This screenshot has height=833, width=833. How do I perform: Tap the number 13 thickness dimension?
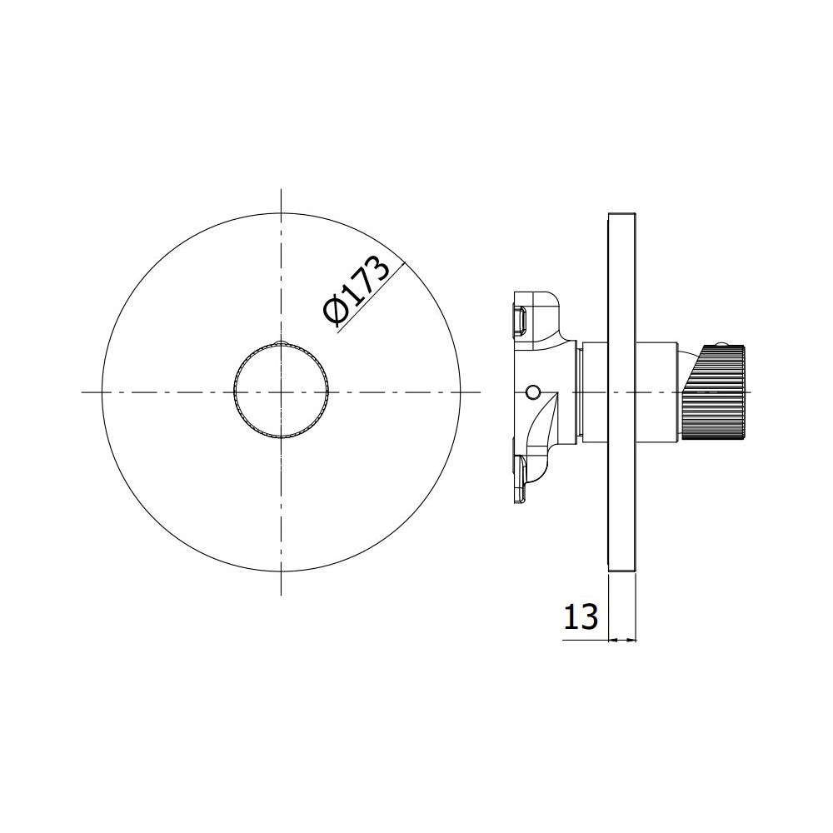pyautogui.click(x=581, y=616)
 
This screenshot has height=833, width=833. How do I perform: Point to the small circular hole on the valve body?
pyautogui.click(x=531, y=392)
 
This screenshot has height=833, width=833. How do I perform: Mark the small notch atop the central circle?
pyautogui.click(x=282, y=342)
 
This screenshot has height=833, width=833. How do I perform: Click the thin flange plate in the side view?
pyautogui.click(x=622, y=392)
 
